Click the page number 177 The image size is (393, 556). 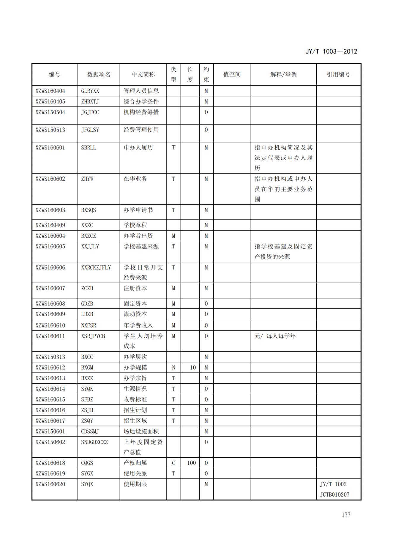click(x=346, y=515)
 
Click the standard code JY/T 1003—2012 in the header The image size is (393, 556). click(x=331, y=51)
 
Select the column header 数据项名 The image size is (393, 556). click(x=99, y=75)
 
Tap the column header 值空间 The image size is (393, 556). click(x=232, y=75)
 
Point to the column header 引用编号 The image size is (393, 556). click(x=338, y=75)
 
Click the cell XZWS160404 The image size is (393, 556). click(x=50, y=91)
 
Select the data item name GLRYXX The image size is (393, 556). click(x=90, y=91)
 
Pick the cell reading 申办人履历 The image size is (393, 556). click(x=138, y=148)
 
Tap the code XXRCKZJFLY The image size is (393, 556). click(x=96, y=267)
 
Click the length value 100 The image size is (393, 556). click(x=191, y=463)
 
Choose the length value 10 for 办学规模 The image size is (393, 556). click(x=193, y=368)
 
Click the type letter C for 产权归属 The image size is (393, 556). click(x=173, y=463)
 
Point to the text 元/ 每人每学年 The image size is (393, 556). click(x=275, y=336)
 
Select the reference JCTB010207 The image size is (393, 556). click(x=335, y=494)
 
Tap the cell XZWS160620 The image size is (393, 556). click(x=50, y=484)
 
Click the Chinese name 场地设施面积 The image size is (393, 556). click(x=141, y=431)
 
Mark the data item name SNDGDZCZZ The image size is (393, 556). click(x=94, y=442)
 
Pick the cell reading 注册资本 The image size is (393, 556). click(x=135, y=288)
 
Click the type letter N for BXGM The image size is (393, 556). click(x=173, y=368)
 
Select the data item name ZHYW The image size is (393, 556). click(x=87, y=179)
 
